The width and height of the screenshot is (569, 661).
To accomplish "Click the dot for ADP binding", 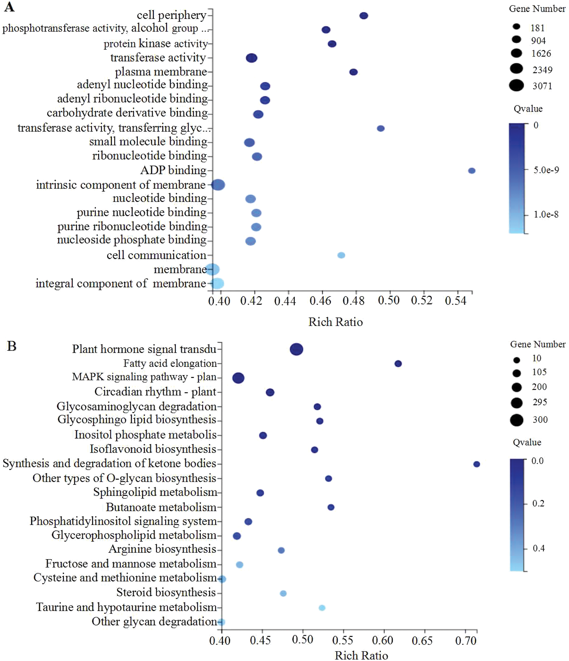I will (471, 171).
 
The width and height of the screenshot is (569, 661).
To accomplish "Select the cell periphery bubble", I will (364, 16).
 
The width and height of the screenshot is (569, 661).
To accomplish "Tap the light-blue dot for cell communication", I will (341, 255).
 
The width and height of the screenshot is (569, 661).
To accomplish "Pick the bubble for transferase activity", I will (251, 58).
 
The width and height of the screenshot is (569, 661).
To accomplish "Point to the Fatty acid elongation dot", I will (398, 364).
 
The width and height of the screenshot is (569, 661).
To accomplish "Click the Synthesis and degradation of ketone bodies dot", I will (476, 464).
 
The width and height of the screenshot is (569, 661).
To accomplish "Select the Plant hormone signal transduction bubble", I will (296, 349).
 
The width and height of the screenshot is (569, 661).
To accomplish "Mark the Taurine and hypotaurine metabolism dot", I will (322, 608).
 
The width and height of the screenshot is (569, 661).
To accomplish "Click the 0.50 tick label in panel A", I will (388, 301).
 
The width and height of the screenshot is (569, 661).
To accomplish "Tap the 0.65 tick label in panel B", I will (422, 640).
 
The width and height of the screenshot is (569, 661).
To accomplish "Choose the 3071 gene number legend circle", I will (516, 85).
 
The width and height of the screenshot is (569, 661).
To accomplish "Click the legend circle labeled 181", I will (516, 27).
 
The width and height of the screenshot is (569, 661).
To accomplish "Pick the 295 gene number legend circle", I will (516, 403).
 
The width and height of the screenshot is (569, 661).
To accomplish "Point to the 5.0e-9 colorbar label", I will (546, 170).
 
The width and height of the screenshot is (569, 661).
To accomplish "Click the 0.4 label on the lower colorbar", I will (539, 548).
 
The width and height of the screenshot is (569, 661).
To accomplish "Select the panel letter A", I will (9, 7).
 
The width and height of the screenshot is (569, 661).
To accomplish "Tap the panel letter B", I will (11, 346).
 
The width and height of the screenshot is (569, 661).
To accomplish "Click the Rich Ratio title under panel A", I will (335, 322).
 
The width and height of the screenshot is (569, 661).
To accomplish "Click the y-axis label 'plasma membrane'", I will (161, 72).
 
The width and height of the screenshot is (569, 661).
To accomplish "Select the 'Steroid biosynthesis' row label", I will (166, 593).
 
